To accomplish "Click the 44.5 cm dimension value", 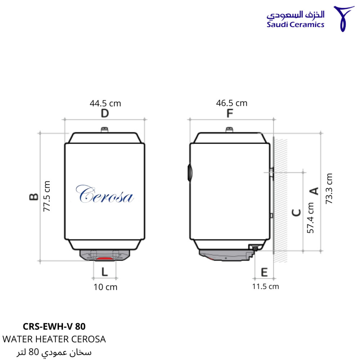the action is (x=105, y=103).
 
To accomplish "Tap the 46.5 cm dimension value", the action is (x=231, y=103).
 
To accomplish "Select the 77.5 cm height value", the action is (x=47, y=196).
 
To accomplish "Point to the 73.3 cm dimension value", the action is (x=329, y=189).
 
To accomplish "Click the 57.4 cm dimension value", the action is (x=310, y=218).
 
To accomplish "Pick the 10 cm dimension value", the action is (x=105, y=287).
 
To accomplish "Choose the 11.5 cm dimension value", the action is (x=265, y=287).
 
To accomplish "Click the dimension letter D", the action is (x=105, y=113).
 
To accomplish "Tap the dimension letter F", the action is (x=230, y=113).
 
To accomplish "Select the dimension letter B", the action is (x=34, y=197).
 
